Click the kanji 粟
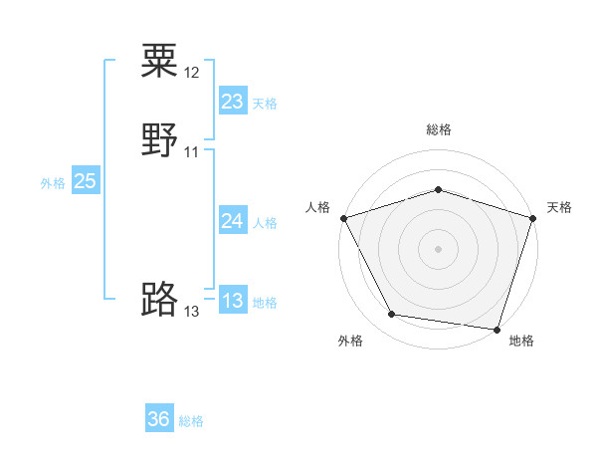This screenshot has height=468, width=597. pyautogui.click(x=159, y=61)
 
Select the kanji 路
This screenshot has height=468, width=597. pyautogui.click(x=159, y=298)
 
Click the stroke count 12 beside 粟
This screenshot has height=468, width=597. pyautogui.click(x=192, y=73)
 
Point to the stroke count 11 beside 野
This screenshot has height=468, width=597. pyautogui.click(x=192, y=151)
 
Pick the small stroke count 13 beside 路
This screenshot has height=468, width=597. pyautogui.click(x=192, y=312)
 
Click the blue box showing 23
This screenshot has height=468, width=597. pyautogui.click(x=232, y=102)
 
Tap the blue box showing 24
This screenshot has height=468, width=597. pyautogui.click(x=232, y=221)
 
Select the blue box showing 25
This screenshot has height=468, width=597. pyautogui.click(x=85, y=181)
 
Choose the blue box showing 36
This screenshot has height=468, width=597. pyautogui.click(x=159, y=419)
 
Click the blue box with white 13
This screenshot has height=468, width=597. pyautogui.click(x=232, y=301)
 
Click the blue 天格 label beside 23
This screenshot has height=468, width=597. pyautogui.click(x=265, y=104)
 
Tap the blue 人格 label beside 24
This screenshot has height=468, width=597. pyautogui.click(x=265, y=223)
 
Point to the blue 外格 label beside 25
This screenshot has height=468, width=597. pyautogui.click(x=53, y=183)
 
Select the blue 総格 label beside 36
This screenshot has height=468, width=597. pyautogui.click(x=191, y=421)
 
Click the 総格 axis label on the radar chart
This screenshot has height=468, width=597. pyautogui.click(x=439, y=129)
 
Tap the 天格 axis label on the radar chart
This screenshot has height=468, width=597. pyautogui.click(x=560, y=207)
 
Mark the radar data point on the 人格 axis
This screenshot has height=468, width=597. pyautogui.click(x=343, y=217)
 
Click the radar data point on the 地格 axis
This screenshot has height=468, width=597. pyautogui.click(x=497, y=329)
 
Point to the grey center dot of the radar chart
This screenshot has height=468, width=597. pyautogui.click(x=438, y=248)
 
